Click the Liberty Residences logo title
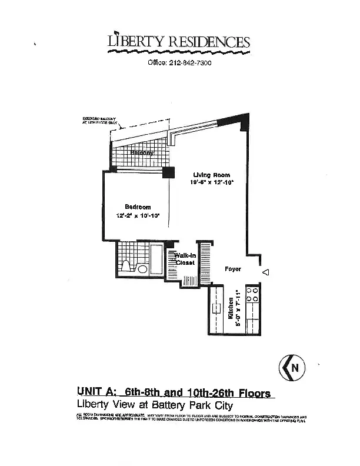click(x=179, y=42)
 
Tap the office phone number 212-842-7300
click(x=179, y=63)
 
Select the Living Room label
click(x=212, y=175)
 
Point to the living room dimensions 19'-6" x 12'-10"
click(x=212, y=182)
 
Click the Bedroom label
click(x=138, y=207)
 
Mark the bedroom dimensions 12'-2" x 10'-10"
click(x=138, y=215)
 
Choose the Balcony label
click(x=142, y=153)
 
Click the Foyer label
click(x=234, y=269)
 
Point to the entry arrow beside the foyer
click(x=265, y=272)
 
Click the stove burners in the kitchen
click(x=254, y=295)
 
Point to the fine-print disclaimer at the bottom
click(x=192, y=418)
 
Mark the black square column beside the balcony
click(x=169, y=172)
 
